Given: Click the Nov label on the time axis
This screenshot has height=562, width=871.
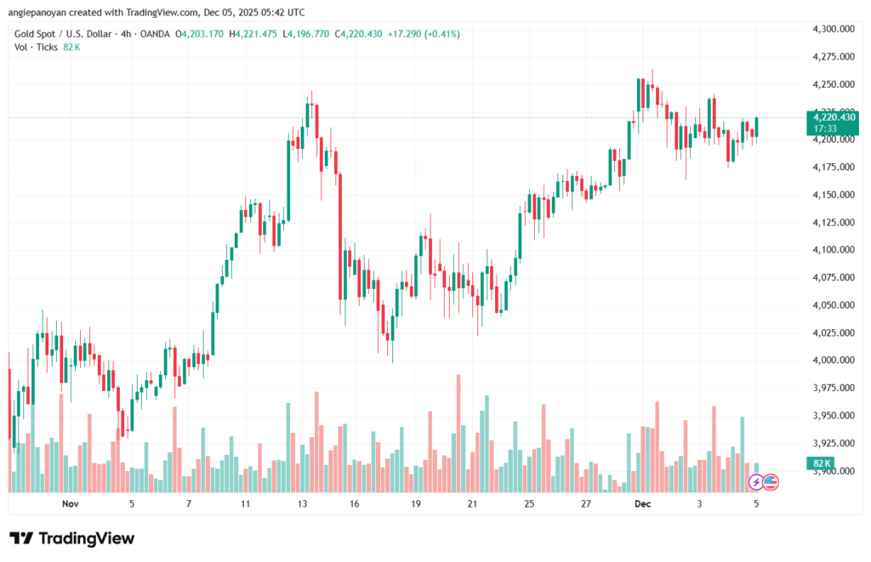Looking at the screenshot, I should (x=71, y=503).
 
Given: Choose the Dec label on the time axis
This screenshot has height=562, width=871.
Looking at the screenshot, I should (x=643, y=503).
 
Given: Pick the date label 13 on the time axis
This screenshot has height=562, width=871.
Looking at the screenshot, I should (x=301, y=503).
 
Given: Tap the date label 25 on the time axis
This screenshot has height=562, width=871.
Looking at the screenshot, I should (x=529, y=503).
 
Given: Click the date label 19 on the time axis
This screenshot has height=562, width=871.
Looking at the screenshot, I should (x=416, y=503).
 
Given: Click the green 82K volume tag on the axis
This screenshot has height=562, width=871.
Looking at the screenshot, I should (x=822, y=462).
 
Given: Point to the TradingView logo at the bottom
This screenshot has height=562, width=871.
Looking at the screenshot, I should (x=72, y=538).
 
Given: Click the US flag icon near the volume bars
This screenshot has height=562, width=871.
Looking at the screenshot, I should (x=771, y=482).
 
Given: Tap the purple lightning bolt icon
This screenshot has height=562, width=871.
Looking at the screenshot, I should (x=755, y=482).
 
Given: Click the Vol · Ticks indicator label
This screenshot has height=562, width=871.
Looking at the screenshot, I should (x=37, y=48).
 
